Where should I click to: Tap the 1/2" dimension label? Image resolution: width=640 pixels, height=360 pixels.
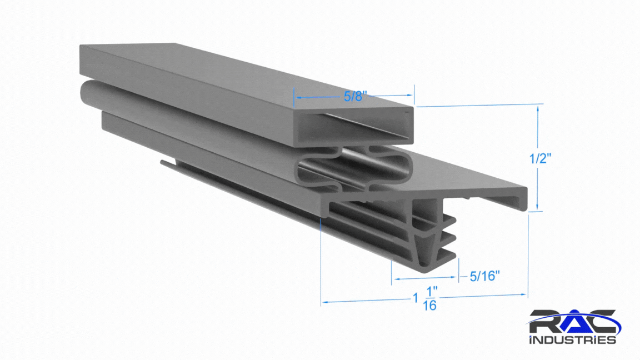pos(541,158)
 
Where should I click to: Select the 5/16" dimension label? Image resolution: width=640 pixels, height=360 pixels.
pos(485,276)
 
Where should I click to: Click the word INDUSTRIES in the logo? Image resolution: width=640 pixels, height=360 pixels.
pos(573,339)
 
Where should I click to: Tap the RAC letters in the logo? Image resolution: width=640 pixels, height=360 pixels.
pos(573,322)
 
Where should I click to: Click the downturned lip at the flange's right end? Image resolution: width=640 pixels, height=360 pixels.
pos(522,200)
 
